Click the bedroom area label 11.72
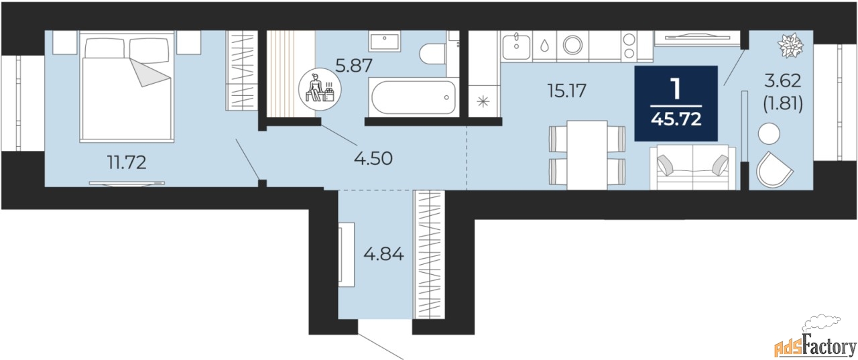pos(127,163)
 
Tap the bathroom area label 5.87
pos(353,66)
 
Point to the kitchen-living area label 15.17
pos(566,91)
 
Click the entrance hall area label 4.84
pos(383,253)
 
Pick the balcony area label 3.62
pos(783,81)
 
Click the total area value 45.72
pos(676,119)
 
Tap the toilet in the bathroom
pos(433,54)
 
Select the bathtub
pos(414,97)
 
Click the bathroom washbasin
pos(385,42)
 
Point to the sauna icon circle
pos(320,90)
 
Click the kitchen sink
pos(516,46)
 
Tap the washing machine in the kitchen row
pos(572,45)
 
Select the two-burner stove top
pos(629,46)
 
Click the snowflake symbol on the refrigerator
pos(483,101)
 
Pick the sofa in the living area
pos(692,168)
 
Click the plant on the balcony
pos(790,46)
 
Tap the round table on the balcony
pos(769,133)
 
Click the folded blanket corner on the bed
pos(149,73)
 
